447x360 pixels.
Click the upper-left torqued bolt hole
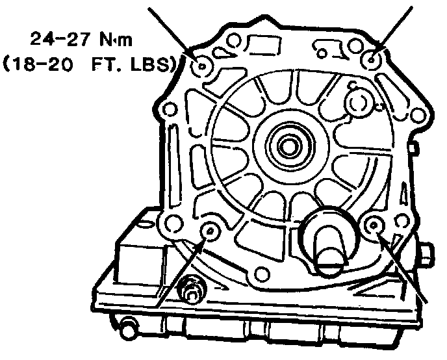coord(201,67)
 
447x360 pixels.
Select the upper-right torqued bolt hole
coord(371,60)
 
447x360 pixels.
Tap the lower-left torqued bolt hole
coord(210,230)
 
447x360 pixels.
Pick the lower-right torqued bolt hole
coord(373,225)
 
